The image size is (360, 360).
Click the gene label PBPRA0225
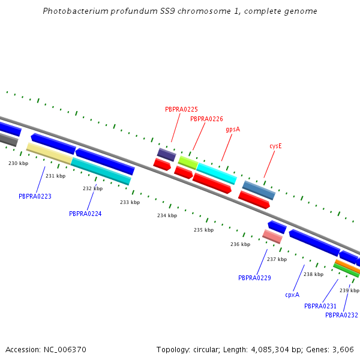point(181,109)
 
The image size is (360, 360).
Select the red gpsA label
point(233,129)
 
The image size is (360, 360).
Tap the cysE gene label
point(275,146)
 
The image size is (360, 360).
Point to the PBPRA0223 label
point(35,196)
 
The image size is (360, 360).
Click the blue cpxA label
point(292,295)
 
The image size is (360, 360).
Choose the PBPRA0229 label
point(254,278)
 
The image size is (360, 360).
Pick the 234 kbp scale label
point(167,215)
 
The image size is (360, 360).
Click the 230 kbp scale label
point(18,163)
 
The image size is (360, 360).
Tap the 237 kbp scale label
point(277,259)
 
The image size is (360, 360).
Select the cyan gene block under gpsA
point(217,173)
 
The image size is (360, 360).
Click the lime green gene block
point(188,162)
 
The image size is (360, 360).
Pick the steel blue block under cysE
point(259,190)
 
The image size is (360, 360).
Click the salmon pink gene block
point(272,236)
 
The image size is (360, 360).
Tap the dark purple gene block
point(166,155)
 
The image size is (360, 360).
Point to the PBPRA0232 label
point(341,315)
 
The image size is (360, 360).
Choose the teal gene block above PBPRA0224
point(101,171)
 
